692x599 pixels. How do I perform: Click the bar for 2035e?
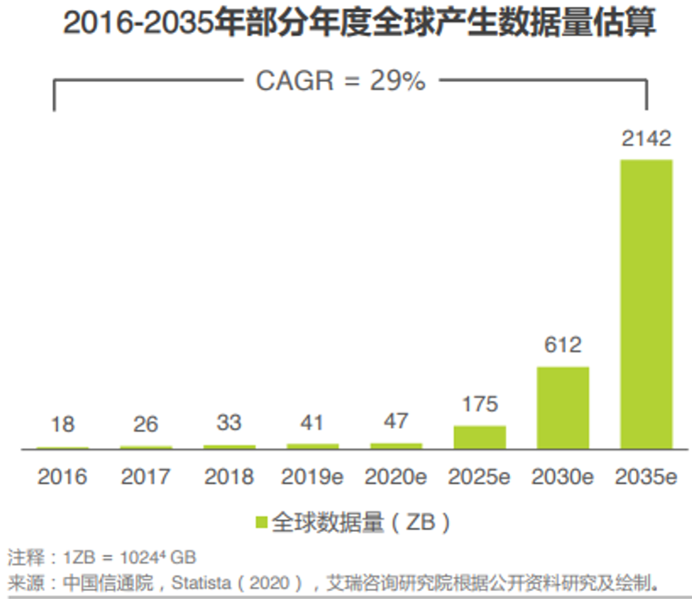click(x=646, y=304)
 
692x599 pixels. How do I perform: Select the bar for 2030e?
click(x=563, y=407)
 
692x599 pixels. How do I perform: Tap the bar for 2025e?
click(x=479, y=437)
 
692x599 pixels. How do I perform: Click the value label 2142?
click(x=646, y=140)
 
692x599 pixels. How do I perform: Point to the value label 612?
click(x=563, y=345)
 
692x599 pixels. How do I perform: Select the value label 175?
click(x=479, y=405)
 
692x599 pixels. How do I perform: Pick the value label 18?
click(x=62, y=425)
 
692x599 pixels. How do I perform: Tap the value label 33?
click(x=229, y=422)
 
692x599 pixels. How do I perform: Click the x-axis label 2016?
click(x=62, y=477)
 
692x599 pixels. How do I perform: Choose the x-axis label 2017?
click(x=146, y=477)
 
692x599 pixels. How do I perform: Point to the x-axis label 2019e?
click(x=312, y=477)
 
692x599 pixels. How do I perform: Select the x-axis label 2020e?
click(x=396, y=477)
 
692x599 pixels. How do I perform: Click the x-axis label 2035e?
click(x=646, y=477)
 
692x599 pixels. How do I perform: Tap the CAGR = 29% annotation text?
click(x=340, y=80)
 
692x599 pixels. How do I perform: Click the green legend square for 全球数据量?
click(x=262, y=522)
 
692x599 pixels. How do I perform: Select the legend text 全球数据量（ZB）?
click(x=363, y=522)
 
